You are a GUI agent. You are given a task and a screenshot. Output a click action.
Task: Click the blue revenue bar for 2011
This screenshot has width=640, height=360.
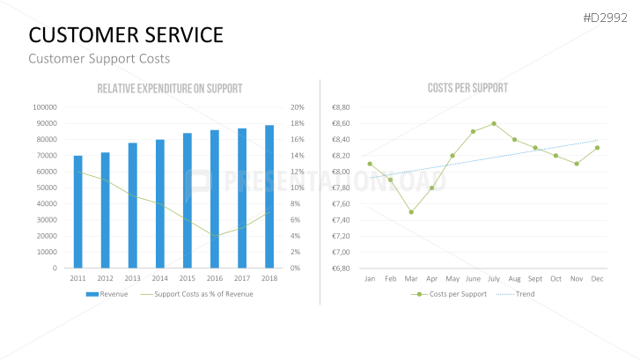point(78,212)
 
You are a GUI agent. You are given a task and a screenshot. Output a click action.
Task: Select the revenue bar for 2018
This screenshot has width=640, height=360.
point(269,196)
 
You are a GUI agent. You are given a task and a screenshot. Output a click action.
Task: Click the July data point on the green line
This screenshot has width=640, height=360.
point(494,123)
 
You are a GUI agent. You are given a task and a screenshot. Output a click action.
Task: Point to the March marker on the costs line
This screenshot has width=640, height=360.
point(411,212)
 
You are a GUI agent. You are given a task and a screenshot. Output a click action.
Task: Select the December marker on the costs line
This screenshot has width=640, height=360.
point(597,148)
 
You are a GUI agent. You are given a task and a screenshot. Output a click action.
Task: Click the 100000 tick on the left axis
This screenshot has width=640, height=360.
point(44,107)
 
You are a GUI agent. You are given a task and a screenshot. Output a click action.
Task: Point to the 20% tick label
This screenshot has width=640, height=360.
point(297,107)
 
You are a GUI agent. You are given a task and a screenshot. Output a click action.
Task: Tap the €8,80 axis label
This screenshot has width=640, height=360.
point(341,107)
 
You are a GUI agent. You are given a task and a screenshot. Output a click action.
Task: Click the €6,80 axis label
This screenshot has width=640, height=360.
point(341,268)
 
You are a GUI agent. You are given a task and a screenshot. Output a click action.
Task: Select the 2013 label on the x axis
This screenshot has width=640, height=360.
point(133,278)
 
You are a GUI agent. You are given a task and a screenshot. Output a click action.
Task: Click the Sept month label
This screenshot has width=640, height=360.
point(535,278)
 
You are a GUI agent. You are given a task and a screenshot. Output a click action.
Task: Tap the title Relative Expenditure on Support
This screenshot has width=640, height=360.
point(170,89)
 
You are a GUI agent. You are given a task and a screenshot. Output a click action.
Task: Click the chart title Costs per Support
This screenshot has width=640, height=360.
point(467,89)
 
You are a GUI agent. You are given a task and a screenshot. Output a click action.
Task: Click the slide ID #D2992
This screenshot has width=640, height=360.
point(607,17)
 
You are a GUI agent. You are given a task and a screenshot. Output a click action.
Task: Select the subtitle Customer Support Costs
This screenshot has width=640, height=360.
point(99,59)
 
